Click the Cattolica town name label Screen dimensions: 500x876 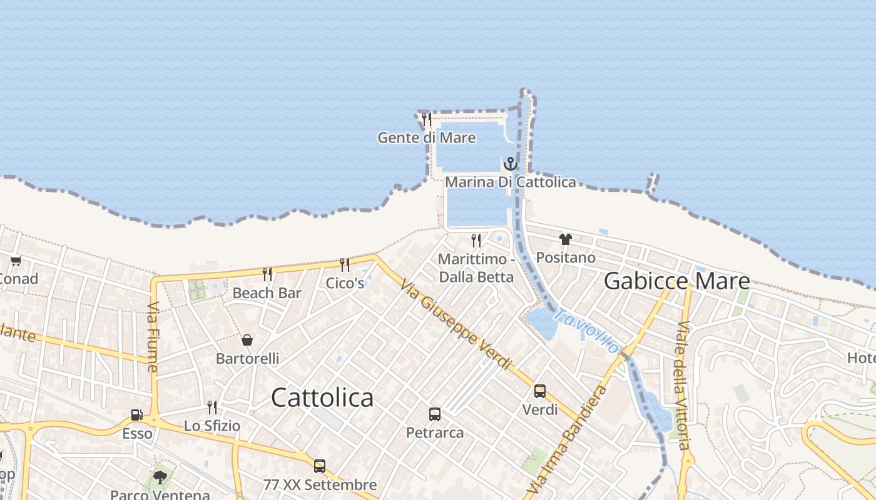click(322, 398)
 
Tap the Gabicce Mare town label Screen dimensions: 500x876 click(676, 281)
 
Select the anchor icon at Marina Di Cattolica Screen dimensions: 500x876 click(511, 164)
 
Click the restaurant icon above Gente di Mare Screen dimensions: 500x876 click(427, 119)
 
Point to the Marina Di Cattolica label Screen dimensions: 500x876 click(510, 182)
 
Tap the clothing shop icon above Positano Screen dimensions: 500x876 click(566, 239)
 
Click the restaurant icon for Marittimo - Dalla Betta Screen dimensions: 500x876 click(476, 241)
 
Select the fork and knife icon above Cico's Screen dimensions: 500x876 click(345, 265)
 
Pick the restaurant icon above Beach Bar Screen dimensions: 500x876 click(267, 274)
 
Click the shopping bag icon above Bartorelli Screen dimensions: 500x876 click(247, 340)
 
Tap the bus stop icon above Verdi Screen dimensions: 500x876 click(539, 391)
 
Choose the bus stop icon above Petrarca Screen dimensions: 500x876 click(435, 414)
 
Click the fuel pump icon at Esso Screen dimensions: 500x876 click(136, 415)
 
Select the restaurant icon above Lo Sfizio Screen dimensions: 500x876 click(212, 407)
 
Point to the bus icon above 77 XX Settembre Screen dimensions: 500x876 click(320, 466)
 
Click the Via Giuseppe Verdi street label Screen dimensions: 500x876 click(456, 324)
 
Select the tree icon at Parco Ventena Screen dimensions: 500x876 click(160, 477)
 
